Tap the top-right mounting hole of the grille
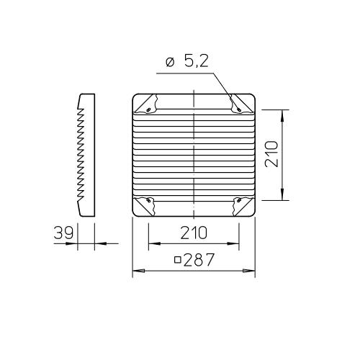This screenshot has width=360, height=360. tap(239, 109)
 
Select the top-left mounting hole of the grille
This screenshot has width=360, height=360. tap(148, 109)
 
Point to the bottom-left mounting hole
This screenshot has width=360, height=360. tap(148, 200)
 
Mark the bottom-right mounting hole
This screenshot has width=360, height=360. tap(239, 200)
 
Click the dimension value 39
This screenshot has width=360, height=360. tap(64, 233)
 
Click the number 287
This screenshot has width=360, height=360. tap(199, 260)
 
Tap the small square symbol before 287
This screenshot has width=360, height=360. tap(177, 261)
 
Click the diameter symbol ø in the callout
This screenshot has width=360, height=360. tap(169, 63)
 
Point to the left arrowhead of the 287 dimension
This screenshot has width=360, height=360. tap(137, 271)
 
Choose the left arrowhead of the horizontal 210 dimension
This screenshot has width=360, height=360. tap(152, 245)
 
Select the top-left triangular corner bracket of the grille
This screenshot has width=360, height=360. tap(146, 104)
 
